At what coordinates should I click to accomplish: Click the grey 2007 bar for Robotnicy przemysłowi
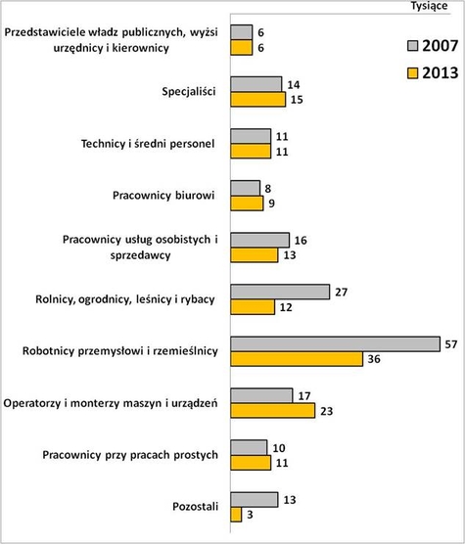(335, 343)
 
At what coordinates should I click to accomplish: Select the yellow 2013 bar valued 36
(297, 359)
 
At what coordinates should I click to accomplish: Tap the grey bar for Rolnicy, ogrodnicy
(279, 292)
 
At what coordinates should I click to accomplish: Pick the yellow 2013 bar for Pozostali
(236, 515)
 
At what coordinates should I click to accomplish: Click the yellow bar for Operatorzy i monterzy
(272, 411)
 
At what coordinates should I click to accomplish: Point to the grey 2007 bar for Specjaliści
(256, 84)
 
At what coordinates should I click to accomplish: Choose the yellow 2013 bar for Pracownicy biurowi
(247, 204)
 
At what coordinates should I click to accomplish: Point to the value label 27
(342, 292)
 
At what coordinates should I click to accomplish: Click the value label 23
(326, 411)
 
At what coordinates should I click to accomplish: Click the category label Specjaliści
(189, 93)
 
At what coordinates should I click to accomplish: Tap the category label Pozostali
(199, 507)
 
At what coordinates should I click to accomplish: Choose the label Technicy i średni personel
(147, 144)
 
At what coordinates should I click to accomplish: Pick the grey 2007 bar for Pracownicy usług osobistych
(259, 240)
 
